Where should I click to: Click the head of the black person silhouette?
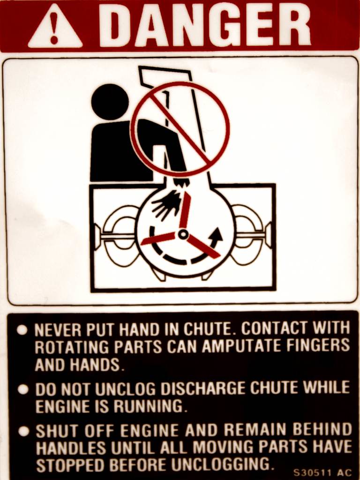point(110,102)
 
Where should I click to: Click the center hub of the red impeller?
point(183,233)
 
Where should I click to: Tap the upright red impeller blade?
point(186,210)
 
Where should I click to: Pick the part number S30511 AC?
point(322,472)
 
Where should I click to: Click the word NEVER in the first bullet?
point(53,330)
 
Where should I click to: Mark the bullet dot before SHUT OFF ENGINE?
point(22,431)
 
